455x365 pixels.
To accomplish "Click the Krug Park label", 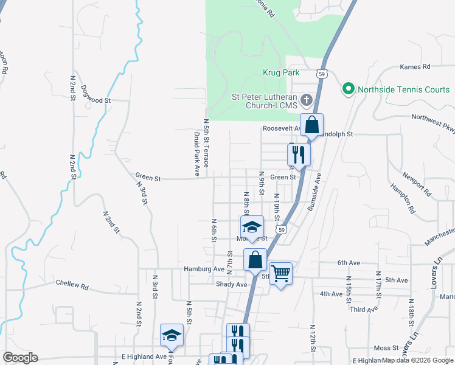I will coord(281,73).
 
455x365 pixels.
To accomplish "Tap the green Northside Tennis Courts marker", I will coord(349,89).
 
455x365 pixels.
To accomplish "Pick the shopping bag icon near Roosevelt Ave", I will coord(311,125).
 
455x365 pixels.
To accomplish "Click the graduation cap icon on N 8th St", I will coord(252,227).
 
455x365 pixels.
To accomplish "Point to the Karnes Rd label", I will coord(415,66).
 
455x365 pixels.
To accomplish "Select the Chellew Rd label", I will coord(72,283).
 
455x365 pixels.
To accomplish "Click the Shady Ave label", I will coord(231,284).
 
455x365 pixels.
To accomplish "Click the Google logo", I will coord(20,358).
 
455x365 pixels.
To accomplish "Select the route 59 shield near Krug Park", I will coord(322,74).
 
